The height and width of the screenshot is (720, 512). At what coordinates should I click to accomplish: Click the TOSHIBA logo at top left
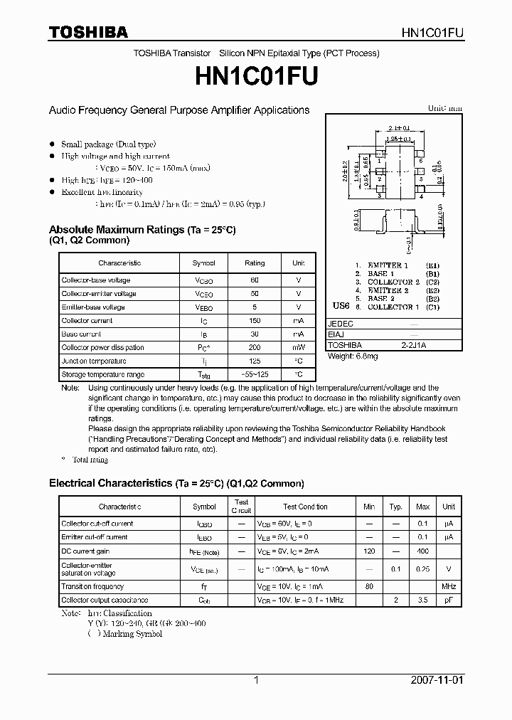(x=88, y=32)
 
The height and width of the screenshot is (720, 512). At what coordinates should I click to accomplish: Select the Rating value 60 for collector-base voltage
(x=255, y=280)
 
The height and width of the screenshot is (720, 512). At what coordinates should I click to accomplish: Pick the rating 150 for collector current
(x=255, y=321)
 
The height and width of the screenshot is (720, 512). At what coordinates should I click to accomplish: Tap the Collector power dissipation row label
(x=102, y=348)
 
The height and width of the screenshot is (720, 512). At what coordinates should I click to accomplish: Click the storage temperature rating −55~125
(x=255, y=374)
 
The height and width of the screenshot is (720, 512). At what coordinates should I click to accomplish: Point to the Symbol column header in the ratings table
(x=204, y=263)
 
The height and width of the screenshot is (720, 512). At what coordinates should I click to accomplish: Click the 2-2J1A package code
(x=414, y=345)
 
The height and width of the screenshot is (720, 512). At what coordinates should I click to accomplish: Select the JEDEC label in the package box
(x=341, y=324)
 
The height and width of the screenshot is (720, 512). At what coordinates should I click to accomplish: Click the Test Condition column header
(x=305, y=507)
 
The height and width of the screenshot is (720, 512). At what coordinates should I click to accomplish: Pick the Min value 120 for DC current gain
(x=368, y=551)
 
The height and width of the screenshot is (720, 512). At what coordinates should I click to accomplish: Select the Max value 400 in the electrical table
(x=422, y=551)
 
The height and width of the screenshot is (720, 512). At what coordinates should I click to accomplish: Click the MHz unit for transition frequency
(x=449, y=587)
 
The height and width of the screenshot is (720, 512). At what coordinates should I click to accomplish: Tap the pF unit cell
(x=449, y=600)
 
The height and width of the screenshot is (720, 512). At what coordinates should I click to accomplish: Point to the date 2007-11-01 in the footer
(x=437, y=680)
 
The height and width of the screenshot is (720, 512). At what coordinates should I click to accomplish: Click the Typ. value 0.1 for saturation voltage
(x=396, y=569)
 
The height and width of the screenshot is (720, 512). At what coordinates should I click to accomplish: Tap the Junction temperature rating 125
(x=255, y=361)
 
